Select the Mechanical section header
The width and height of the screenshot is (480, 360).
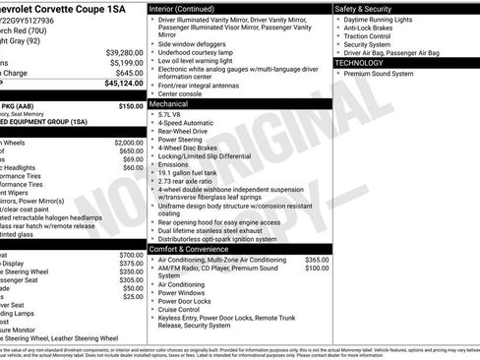pyautogui.click(x=168, y=102)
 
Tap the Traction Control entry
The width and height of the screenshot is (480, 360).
pyautogui.click(x=374, y=36)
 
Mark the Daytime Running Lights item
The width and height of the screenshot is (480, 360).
pyautogui.click(x=386, y=20)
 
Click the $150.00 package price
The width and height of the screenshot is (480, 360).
pyautogui.click(x=131, y=105)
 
